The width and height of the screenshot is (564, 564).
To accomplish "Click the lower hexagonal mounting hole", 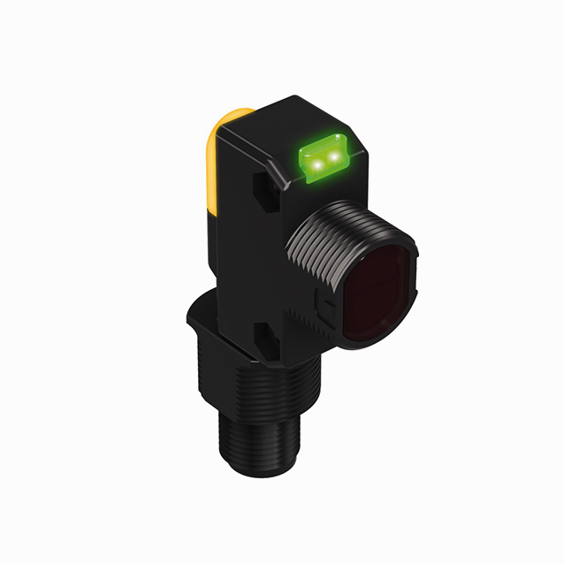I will [263, 335].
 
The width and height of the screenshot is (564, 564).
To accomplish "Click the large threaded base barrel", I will [265, 407].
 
